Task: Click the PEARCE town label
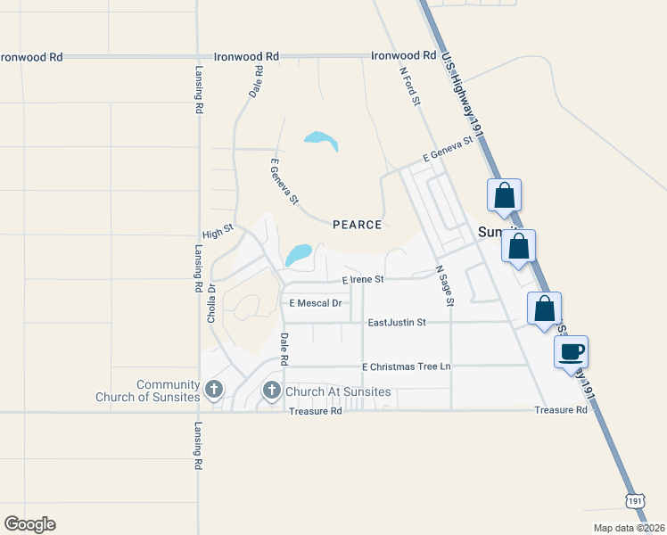tap(357, 225)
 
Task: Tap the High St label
tap(218, 231)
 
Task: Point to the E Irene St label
tap(363, 279)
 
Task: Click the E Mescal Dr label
tap(316, 303)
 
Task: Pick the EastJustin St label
tap(398, 322)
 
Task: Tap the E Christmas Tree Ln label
tap(407, 366)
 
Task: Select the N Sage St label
tap(444, 285)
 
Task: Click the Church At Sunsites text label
tap(339, 391)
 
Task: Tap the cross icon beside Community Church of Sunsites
tap(213, 390)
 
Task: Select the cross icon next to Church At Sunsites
tap(271, 391)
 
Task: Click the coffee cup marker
tap(572, 350)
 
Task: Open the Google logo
tap(29, 524)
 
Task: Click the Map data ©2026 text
tap(630, 528)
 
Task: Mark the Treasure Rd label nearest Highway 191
tap(561, 410)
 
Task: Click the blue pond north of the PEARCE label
tap(322, 140)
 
